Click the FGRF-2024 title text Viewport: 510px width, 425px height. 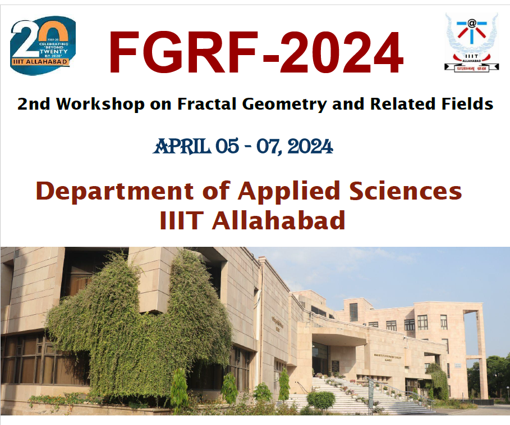pos(255,53)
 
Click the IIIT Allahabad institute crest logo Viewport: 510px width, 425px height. pos(471,42)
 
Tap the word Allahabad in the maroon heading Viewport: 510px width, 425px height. pos(278,220)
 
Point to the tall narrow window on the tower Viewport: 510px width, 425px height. pos(353,311)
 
